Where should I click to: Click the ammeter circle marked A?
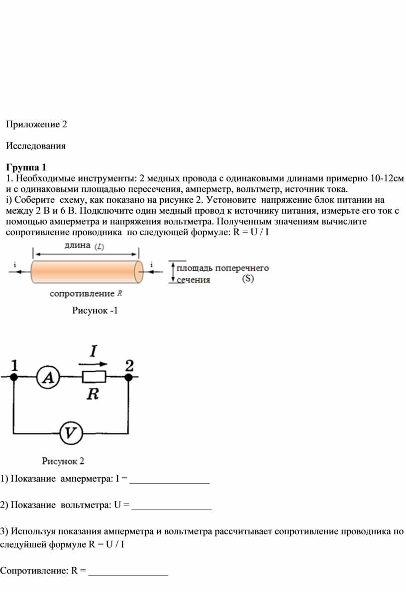48,377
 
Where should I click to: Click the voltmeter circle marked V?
71,432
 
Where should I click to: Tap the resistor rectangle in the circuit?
94,376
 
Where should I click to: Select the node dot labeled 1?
14,377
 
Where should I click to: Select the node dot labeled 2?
128,377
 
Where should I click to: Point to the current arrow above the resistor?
93,364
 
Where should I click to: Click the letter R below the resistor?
93,394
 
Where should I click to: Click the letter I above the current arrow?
94,351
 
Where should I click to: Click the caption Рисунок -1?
95,310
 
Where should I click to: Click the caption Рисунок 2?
63,461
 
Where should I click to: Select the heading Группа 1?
26,167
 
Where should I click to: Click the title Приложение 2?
36,125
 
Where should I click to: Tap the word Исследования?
35,146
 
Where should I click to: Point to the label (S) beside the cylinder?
248,279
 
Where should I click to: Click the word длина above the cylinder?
78,246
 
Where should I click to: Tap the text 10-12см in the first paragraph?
387,178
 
